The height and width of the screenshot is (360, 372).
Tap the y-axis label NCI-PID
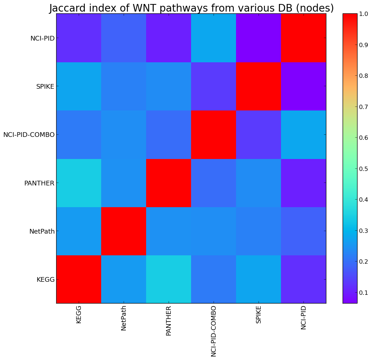(42, 38)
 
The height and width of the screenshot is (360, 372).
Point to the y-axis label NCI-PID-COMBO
(29, 135)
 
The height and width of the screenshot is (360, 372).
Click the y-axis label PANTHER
(39, 183)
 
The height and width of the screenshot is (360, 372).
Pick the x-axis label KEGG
(79, 314)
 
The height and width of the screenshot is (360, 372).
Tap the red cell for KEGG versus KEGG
(79, 279)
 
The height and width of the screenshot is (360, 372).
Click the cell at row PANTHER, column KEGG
(79, 183)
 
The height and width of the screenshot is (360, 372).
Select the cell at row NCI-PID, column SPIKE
(259, 38)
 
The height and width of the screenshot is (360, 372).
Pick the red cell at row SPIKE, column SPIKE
(259, 87)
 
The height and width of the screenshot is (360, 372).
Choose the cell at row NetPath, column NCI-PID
(303, 231)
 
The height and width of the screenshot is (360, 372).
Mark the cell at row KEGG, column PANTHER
(169, 279)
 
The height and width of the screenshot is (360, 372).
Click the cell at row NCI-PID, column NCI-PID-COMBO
(214, 38)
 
